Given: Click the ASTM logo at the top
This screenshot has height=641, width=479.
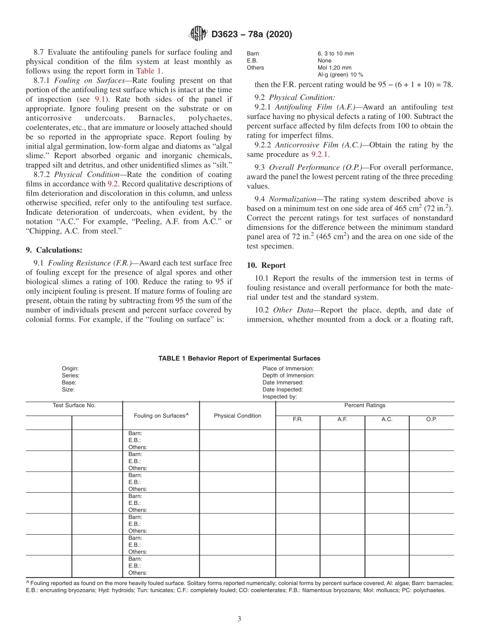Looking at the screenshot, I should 197,34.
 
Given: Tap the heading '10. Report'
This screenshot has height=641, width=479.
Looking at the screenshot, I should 266,265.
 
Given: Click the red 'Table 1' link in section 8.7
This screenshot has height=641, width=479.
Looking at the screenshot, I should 149,71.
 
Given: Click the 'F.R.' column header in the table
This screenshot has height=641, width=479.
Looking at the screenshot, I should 297,419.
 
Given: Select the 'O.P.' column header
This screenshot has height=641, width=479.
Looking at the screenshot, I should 431,419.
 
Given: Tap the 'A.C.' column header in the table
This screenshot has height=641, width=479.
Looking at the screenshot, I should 387,419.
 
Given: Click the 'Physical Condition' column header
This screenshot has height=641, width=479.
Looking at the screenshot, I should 237,416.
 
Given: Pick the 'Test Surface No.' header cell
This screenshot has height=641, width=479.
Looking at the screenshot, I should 74,405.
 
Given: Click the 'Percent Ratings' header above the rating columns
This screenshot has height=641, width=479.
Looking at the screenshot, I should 365,405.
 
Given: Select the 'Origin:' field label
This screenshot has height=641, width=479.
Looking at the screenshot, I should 70,368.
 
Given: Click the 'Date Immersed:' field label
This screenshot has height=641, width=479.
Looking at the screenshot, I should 283,382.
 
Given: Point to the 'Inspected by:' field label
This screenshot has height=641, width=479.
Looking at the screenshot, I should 279,397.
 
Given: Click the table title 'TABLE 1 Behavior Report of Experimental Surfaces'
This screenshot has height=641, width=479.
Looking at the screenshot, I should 239,358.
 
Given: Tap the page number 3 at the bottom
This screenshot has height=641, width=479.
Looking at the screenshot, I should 239,619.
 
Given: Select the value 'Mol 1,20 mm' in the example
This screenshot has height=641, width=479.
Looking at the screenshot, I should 334,68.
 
